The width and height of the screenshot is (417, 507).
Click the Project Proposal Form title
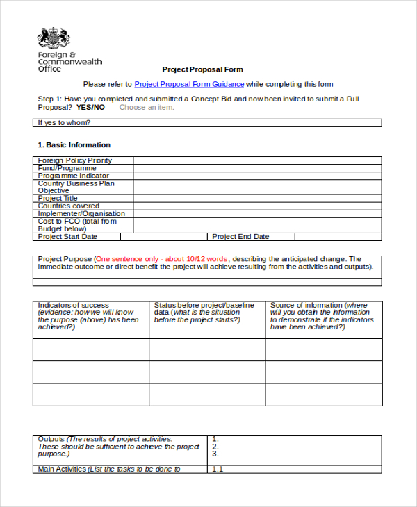click(x=203, y=69)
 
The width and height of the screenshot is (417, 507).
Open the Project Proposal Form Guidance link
click(x=189, y=84)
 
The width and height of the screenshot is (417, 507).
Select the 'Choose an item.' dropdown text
click(x=147, y=107)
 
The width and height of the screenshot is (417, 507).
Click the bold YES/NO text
click(x=90, y=107)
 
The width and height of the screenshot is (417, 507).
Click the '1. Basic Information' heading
click(x=74, y=145)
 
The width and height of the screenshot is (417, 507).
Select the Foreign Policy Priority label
click(x=75, y=160)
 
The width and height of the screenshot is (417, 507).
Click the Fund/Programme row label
click(x=67, y=168)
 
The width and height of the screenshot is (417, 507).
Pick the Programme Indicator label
click(x=73, y=176)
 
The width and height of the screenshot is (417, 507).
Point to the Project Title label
click(x=58, y=199)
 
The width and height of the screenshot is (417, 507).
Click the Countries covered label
click(x=68, y=206)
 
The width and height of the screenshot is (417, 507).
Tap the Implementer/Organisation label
click(x=81, y=214)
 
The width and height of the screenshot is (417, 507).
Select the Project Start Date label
click(x=67, y=237)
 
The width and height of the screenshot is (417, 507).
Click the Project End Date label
click(x=240, y=237)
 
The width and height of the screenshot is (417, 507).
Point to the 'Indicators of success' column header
click(x=73, y=305)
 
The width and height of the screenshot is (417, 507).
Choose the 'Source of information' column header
click(x=306, y=305)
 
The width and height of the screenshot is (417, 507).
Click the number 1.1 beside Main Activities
click(x=217, y=469)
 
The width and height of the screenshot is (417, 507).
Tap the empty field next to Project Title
click(x=257, y=199)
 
